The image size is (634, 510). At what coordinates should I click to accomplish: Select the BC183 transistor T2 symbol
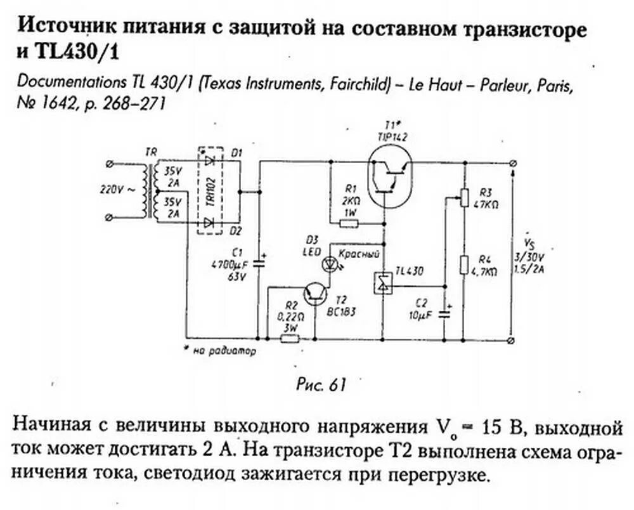(315, 293)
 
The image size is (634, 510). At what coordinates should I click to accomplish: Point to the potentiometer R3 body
(465, 197)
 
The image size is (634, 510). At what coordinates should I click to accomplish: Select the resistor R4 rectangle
(465, 265)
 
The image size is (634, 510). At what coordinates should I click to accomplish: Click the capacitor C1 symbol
(259, 261)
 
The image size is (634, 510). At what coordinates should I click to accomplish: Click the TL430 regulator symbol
(383, 283)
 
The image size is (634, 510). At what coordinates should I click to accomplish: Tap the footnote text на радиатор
(223, 351)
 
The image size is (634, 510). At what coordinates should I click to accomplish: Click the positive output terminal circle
(512, 163)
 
